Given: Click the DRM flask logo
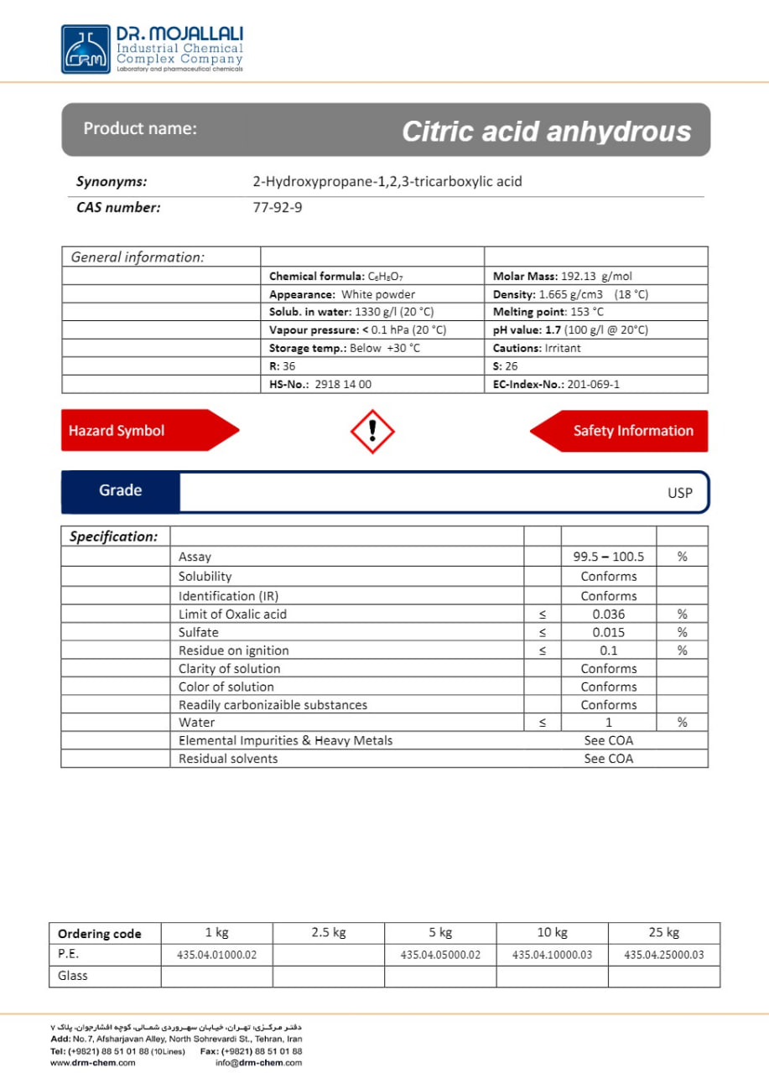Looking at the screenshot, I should [x=86, y=49].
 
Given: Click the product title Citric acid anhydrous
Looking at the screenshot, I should [x=546, y=132].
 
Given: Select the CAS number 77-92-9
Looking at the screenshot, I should [x=278, y=207].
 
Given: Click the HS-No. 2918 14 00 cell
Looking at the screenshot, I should [x=320, y=384].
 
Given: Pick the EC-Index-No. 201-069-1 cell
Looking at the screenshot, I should [x=557, y=384].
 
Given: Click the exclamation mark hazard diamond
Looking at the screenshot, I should [x=372, y=431].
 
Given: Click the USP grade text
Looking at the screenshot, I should [x=679, y=493].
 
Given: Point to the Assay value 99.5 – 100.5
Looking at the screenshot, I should [x=608, y=557].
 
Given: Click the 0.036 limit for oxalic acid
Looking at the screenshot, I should [x=608, y=614].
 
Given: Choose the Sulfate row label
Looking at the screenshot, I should [x=199, y=633].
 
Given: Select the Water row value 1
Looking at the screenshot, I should [x=609, y=723].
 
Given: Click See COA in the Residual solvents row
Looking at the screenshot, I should [x=609, y=759].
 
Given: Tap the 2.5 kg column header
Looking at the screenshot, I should [x=329, y=932].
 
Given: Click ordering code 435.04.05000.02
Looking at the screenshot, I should [x=440, y=955].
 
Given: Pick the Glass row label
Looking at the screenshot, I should [x=73, y=976].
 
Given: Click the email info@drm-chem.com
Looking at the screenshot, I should [x=258, y=1063].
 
